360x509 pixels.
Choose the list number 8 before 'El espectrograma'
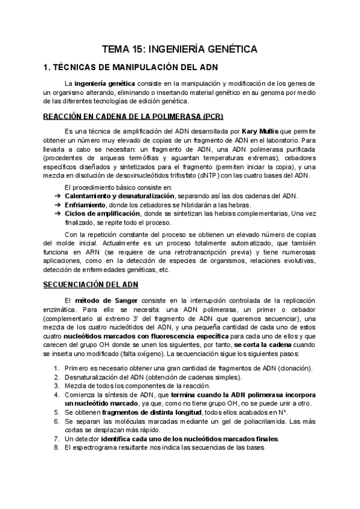point(56,448)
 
